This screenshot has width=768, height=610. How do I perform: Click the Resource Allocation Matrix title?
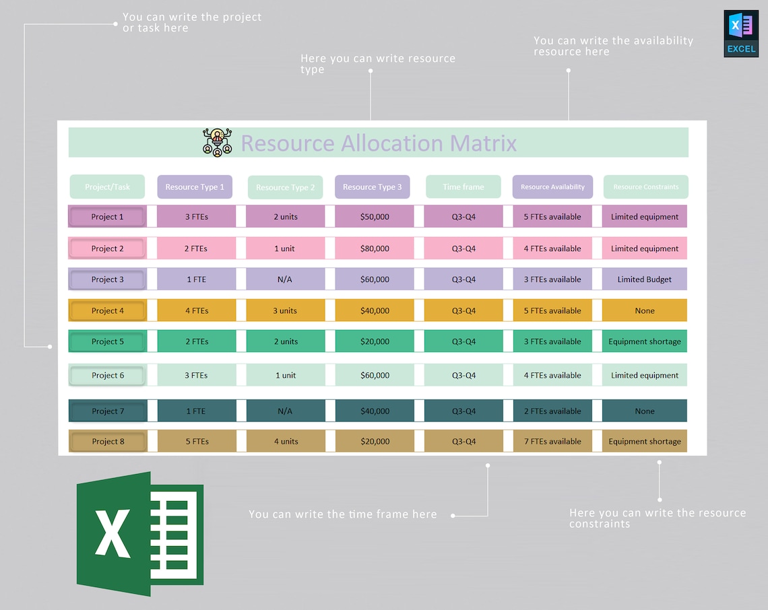click(379, 143)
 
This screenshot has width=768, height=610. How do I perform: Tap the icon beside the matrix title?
click(217, 142)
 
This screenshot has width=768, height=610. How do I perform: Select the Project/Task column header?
click(107, 187)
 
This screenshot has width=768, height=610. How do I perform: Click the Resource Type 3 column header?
click(372, 187)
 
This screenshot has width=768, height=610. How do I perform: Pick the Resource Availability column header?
click(552, 187)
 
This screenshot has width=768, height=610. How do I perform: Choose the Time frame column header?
click(463, 187)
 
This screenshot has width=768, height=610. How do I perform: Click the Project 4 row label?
click(108, 310)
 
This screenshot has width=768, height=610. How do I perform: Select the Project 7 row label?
click(108, 411)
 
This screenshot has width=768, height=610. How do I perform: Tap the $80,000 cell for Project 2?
click(375, 248)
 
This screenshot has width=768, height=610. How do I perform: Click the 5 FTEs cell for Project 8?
click(197, 442)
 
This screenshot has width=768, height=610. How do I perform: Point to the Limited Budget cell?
click(645, 279)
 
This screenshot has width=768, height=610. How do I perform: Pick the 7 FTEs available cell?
click(552, 442)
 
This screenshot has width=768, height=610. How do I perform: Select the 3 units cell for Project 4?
click(285, 310)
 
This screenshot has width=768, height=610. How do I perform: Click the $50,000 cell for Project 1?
click(375, 217)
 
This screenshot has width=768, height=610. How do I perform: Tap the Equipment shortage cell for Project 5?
click(645, 341)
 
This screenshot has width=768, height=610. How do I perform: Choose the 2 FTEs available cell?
click(552, 411)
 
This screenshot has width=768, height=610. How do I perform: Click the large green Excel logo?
click(139, 533)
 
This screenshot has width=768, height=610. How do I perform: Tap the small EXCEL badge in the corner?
click(741, 34)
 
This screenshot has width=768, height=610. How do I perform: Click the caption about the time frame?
click(342, 514)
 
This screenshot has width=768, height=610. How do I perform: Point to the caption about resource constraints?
click(657, 518)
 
